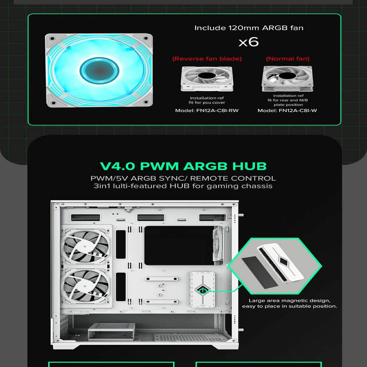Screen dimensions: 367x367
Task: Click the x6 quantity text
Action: (x=248, y=42)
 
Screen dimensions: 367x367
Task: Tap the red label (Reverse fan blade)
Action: (x=207, y=59)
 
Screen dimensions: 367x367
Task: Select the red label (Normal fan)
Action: (x=288, y=59)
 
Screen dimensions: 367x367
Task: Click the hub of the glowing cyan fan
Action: (x=99, y=70)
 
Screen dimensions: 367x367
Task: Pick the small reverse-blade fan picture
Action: (x=207, y=79)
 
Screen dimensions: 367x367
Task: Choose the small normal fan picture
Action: (x=287, y=79)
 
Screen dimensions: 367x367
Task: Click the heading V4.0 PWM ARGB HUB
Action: (x=183, y=166)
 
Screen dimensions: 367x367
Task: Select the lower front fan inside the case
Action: (x=86, y=286)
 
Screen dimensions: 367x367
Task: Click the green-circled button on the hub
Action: (x=203, y=291)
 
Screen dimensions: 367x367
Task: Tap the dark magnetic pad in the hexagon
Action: (x=259, y=272)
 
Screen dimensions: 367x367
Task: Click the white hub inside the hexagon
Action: (x=280, y=263)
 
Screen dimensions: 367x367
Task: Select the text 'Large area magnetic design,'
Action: (x=290, y=301)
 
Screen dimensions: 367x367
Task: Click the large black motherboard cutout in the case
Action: (x=179, y=245)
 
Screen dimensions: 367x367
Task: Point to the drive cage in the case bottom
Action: (x=112, y=331)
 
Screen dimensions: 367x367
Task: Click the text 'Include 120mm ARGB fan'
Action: (x=249, y=28)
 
